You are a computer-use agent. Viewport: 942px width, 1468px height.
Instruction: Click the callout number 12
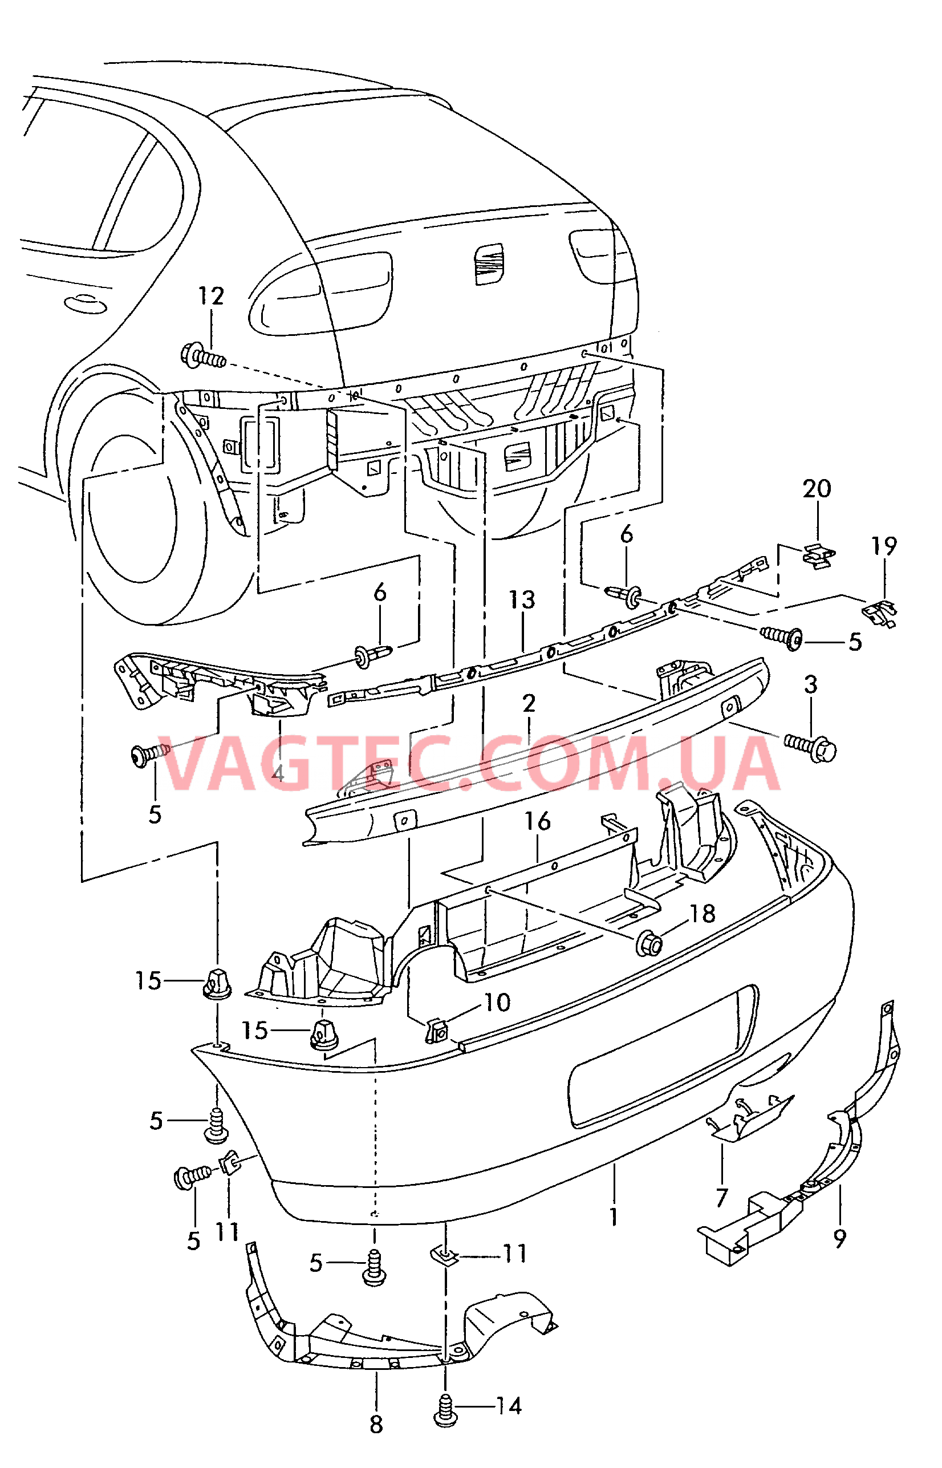click(211, 297)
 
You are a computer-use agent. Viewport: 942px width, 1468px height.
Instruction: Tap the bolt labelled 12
click(202, 356)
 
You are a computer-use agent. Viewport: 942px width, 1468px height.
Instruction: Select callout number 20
click(817, 489)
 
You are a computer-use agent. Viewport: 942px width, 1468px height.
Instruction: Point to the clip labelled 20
click(818, 556)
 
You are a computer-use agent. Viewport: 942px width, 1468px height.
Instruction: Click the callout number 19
click(884, 546)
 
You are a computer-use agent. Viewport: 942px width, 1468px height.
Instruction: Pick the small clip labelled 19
click(881, 611)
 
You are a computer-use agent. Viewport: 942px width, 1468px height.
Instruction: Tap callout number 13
click(522, 600)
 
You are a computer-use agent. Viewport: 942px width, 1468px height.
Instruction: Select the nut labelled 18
click(649, 945)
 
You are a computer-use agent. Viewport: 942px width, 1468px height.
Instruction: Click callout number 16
click(537, 821)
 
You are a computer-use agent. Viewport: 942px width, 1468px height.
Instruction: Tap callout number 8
click(376, 1425)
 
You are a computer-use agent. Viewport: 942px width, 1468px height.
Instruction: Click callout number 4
click(278, 773)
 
